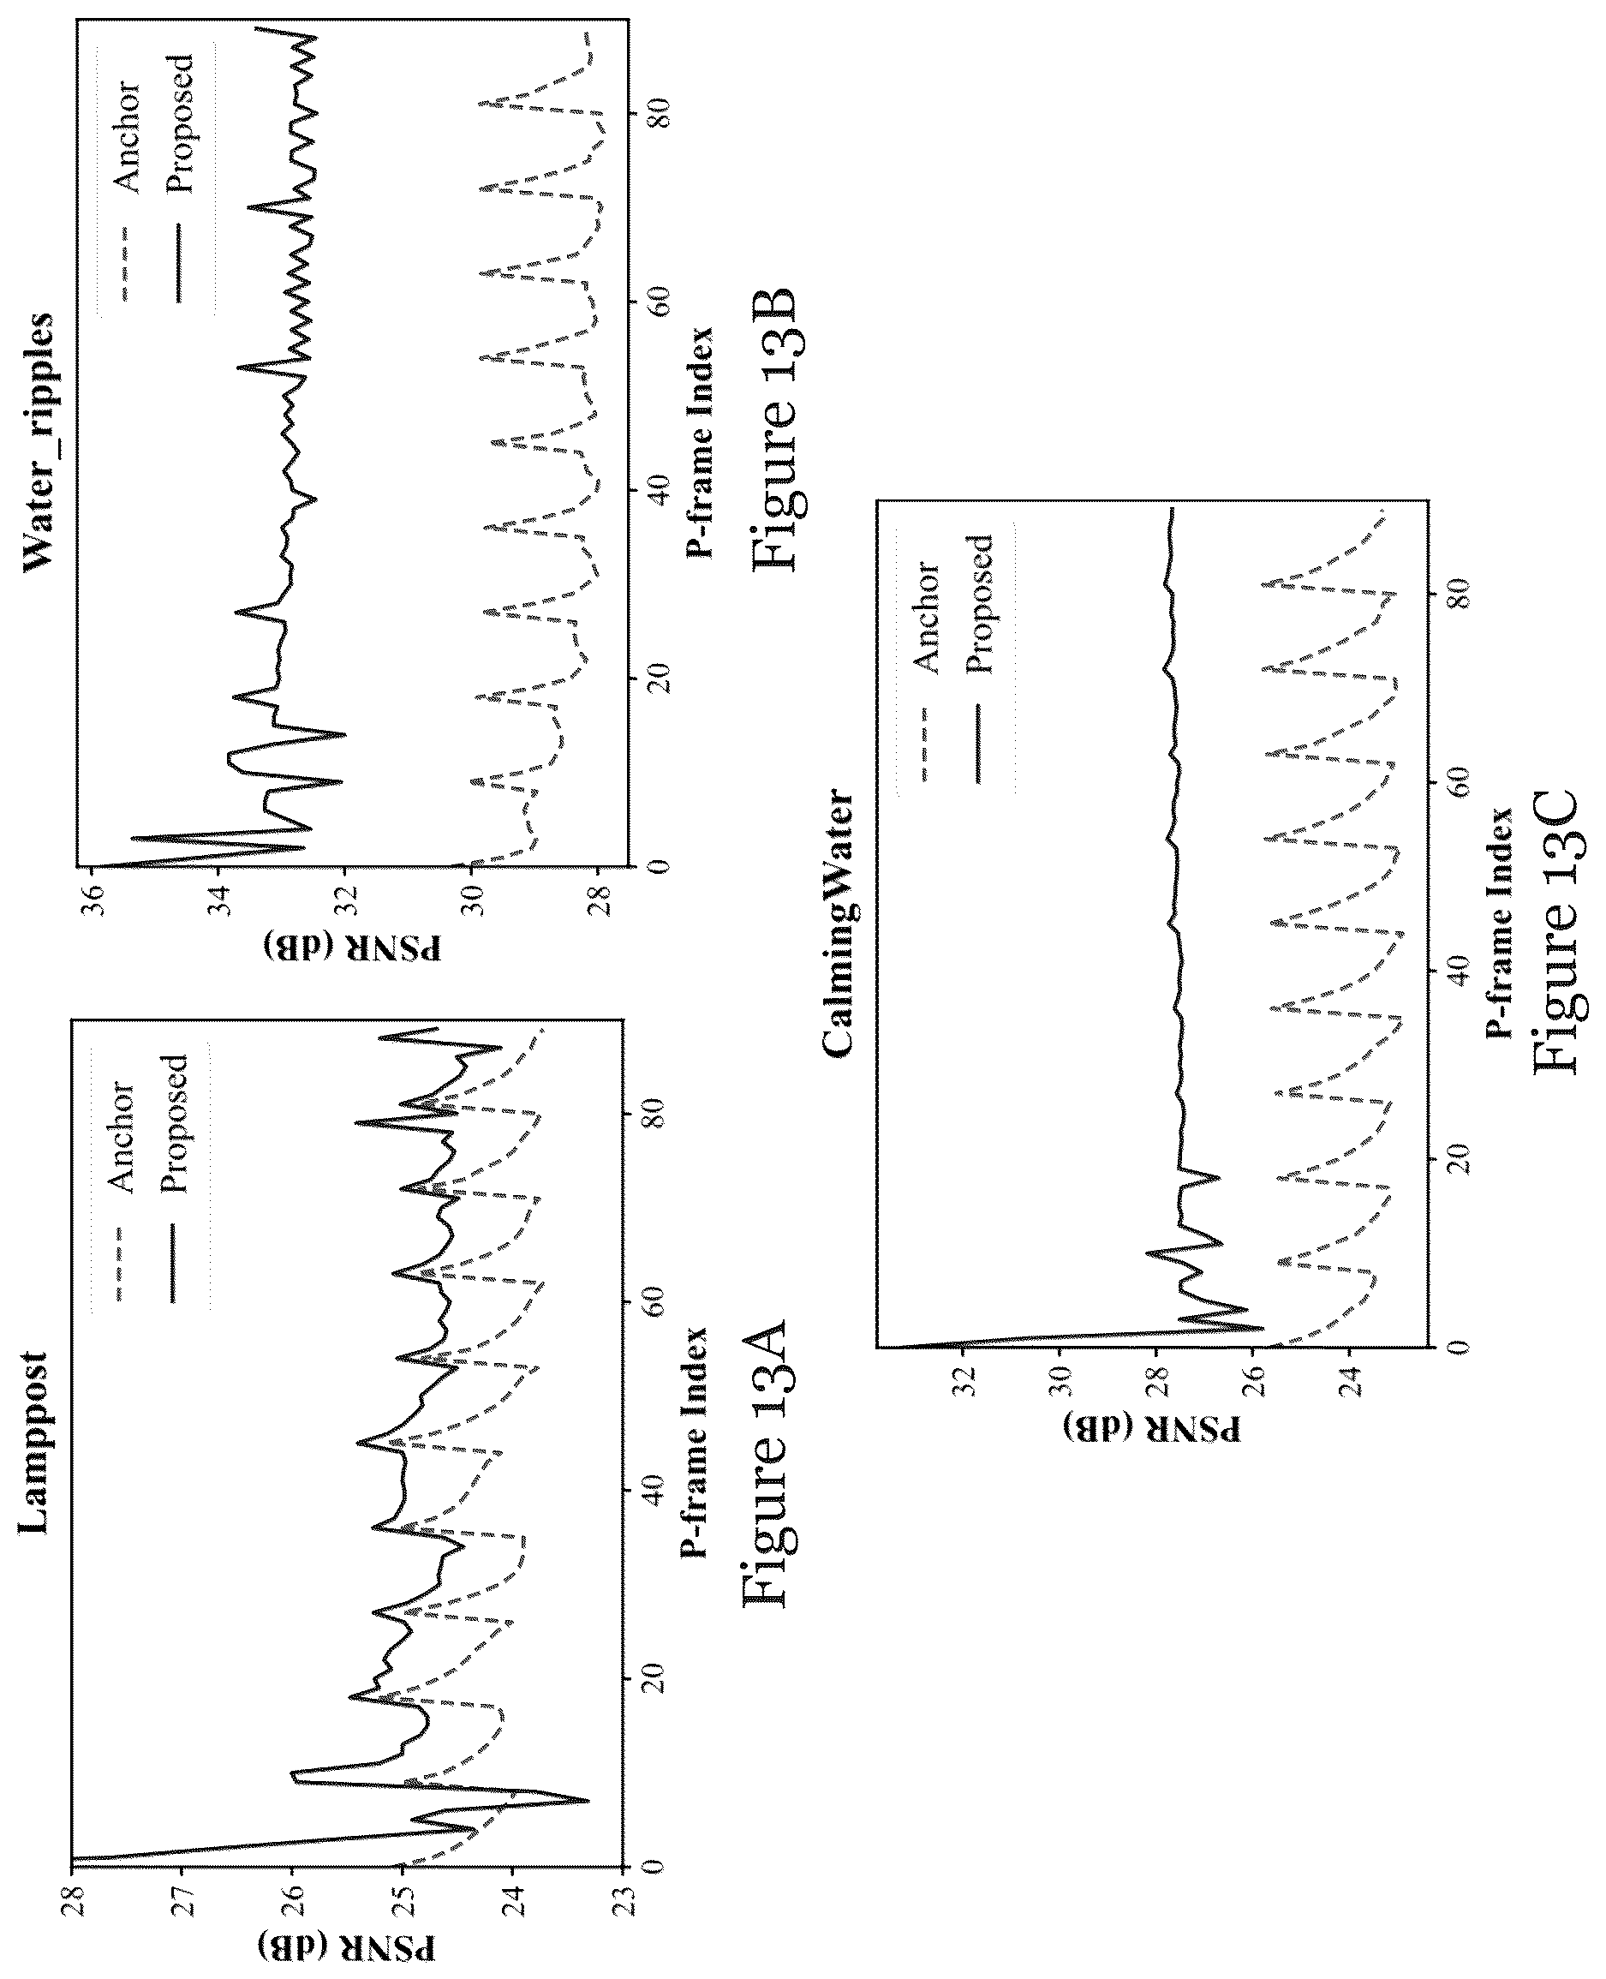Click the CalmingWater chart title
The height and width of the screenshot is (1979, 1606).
(x=837, y=923)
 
